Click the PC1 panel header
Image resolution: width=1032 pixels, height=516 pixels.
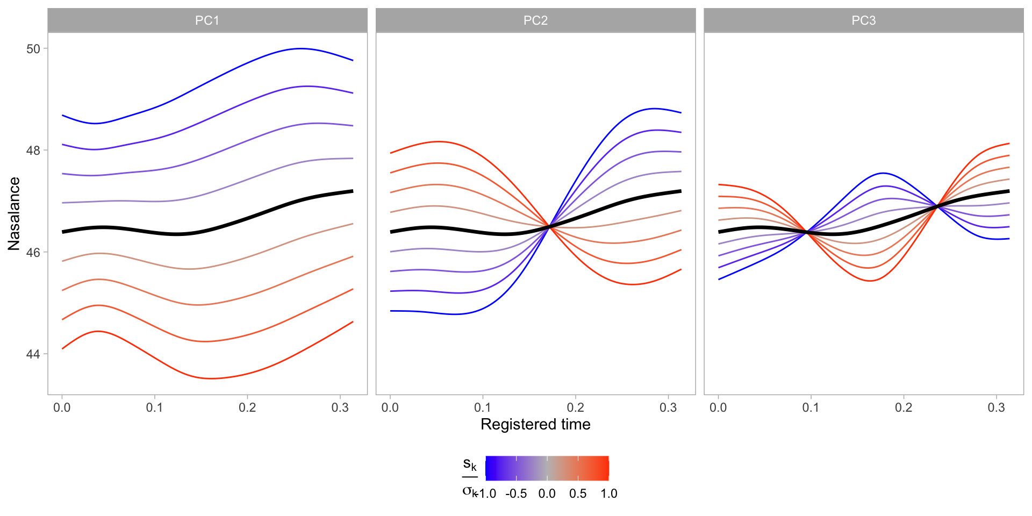coord(207,20)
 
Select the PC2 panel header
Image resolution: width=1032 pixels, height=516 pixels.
coord(535,20)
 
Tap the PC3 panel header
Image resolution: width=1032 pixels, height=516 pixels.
coord(863,20)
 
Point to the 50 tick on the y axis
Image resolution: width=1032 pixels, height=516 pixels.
coord(33,49)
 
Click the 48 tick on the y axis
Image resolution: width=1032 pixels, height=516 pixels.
coord(33,150)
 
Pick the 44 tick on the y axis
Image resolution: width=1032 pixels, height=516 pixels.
coord(33,354)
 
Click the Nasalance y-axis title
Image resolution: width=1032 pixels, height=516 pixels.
coord(14,213)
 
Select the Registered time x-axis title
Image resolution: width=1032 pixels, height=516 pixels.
coord(535,425)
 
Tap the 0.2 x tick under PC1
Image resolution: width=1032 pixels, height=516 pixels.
coord(247,408)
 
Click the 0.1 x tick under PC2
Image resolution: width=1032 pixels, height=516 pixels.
coord(483,408)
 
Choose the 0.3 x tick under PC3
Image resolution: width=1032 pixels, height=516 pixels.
coord(996,408)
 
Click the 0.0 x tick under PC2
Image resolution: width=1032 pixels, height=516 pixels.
coord(390,408)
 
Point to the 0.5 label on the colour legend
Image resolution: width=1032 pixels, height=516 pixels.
coord(578,494)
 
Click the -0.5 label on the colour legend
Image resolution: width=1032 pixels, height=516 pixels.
coord(516,494)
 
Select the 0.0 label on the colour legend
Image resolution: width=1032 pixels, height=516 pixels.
coord(547,494)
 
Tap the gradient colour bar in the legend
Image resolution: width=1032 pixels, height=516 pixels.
coord(547,468)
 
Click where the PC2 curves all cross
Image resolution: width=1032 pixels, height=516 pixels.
coord(549,227)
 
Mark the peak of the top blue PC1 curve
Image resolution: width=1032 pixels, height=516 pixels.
coord(300,48)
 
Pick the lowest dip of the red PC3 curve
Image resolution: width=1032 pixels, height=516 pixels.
coord(870,281)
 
